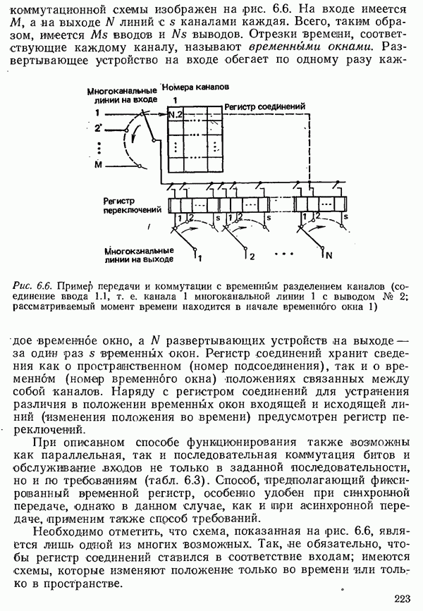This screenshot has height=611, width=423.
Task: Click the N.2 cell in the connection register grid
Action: (175, 114)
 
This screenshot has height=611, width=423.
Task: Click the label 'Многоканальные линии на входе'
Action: (122, 96)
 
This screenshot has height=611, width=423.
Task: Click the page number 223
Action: (403, 599)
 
